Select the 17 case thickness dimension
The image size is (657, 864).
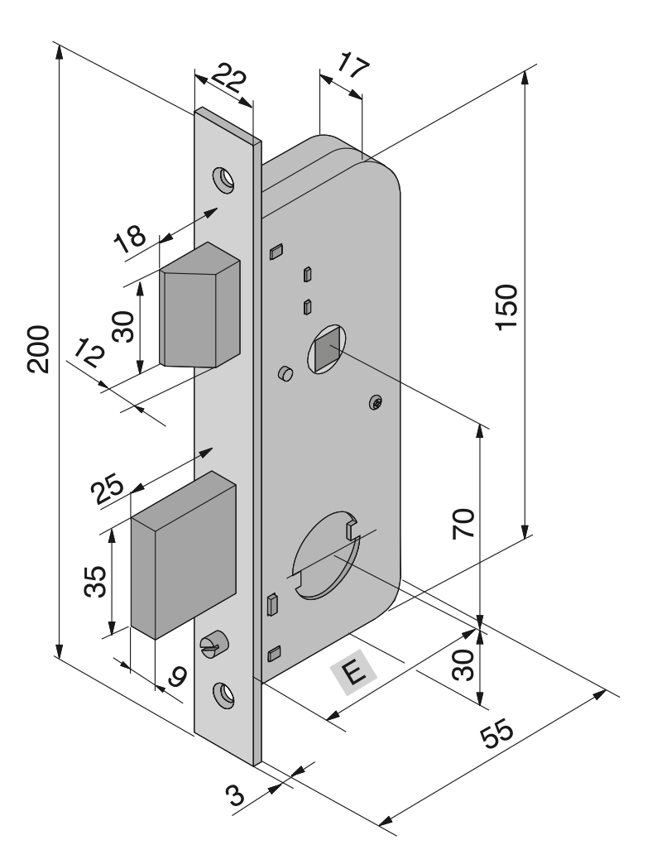(x=352, y=65)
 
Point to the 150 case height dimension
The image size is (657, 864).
(x=506, y=307)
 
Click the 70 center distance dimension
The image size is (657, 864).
(x=463, y=524)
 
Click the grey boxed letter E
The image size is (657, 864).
(x=353, y=672)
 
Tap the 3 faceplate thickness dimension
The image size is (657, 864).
(x=236, y=795)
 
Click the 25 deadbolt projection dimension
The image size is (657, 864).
(x=108, y=489)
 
